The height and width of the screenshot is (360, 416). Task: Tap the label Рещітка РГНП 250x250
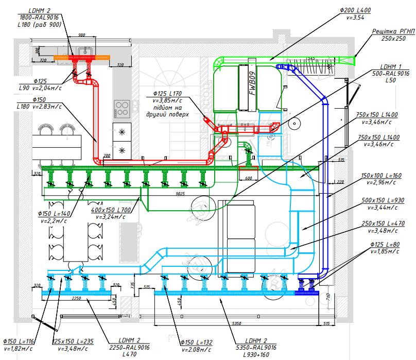[x=393, y=35]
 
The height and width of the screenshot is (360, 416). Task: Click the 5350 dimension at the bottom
[x=237, y=323]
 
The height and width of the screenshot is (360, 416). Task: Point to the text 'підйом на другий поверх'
[x=171, y=110]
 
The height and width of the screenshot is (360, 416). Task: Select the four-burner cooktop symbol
[x=122, y=108]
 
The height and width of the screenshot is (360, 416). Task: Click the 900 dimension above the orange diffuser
[x=81, y=35]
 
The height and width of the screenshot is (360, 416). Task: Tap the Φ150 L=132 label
[x=196, y=342]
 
